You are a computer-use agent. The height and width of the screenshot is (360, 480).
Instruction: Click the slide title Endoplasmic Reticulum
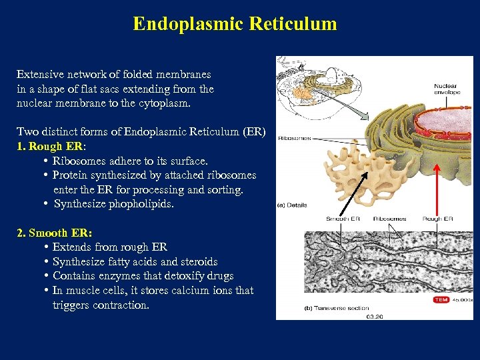235,24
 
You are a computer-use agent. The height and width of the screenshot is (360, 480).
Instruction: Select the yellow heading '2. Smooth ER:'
55,233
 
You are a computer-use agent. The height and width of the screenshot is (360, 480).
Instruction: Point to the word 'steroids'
197,262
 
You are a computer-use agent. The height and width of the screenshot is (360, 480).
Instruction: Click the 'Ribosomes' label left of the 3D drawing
294,138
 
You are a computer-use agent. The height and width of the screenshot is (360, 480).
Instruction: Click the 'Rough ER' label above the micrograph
438,219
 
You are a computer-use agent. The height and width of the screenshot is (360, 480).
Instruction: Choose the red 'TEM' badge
441,300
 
